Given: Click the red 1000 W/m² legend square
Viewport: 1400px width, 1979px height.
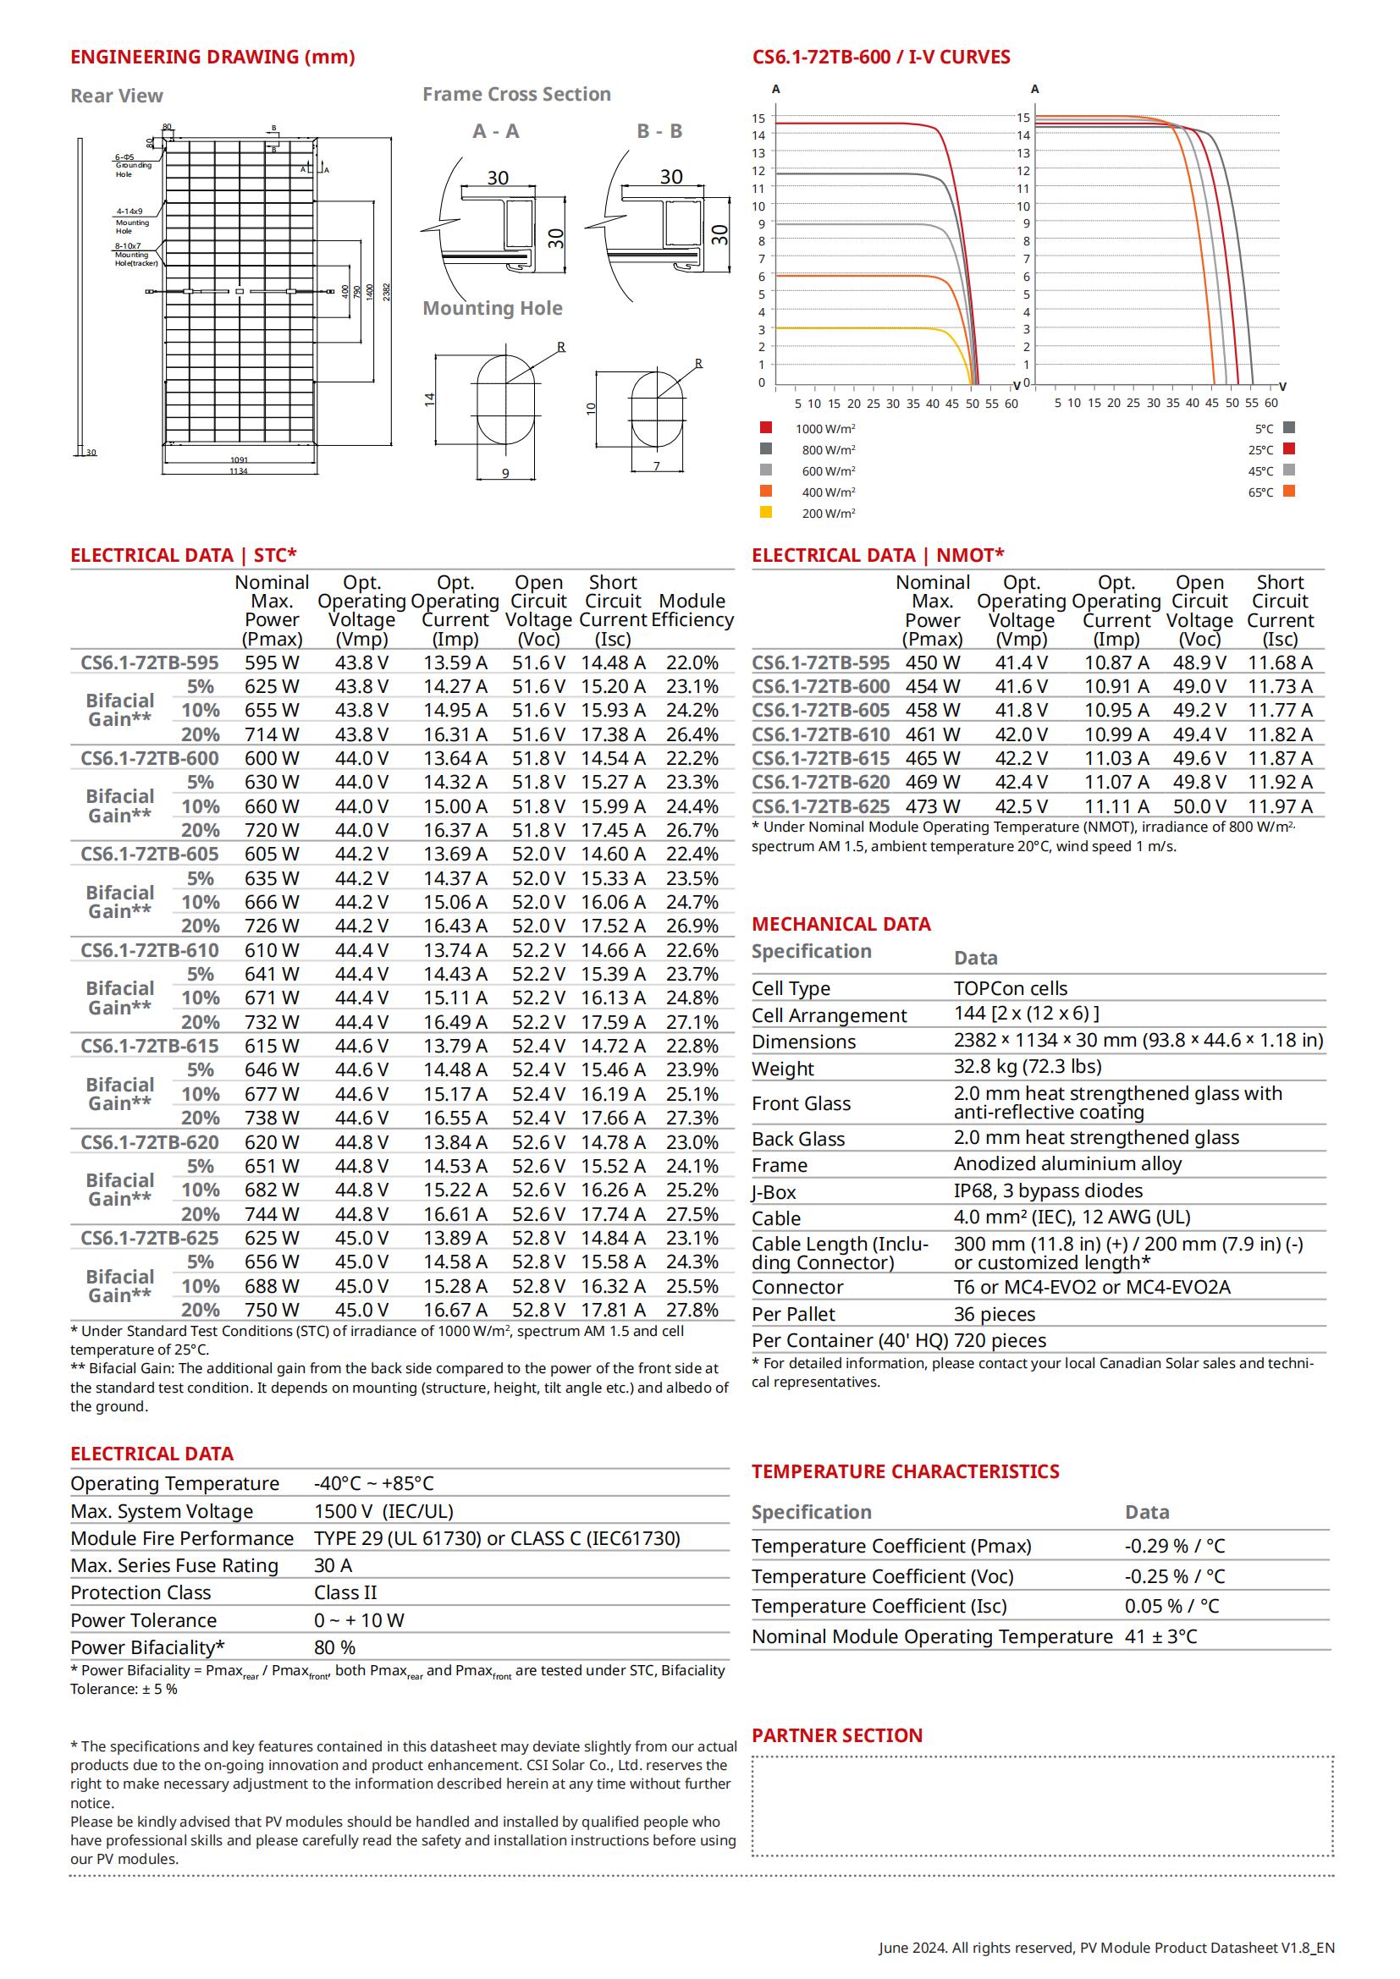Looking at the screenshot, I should point(765,427).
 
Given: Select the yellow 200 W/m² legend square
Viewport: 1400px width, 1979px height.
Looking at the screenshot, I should point(765,512).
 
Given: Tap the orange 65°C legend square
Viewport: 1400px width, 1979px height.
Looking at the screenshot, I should point(1289,492).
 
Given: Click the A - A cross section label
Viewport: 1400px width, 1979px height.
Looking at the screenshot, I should point(496,131).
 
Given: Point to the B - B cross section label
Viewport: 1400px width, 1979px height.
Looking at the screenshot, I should point(659,131).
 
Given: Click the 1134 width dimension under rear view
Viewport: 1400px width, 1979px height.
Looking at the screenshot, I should point(238,471).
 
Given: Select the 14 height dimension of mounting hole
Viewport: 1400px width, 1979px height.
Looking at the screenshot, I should point(429,399).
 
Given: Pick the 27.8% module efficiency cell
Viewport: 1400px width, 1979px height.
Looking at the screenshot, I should point(692,1309).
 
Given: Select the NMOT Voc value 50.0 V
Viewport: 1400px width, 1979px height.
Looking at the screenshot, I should point(1199,806).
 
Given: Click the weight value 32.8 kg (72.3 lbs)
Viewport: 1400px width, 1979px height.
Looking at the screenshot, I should point(1027,1066).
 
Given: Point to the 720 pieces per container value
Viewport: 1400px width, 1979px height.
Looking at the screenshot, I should point(1000,1340).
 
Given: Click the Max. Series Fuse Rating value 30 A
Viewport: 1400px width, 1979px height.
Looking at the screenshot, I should point(333,1565).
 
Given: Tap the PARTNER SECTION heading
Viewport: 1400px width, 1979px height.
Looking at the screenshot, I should point(836,1735).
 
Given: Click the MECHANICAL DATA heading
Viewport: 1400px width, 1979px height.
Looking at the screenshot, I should point(841,924).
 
